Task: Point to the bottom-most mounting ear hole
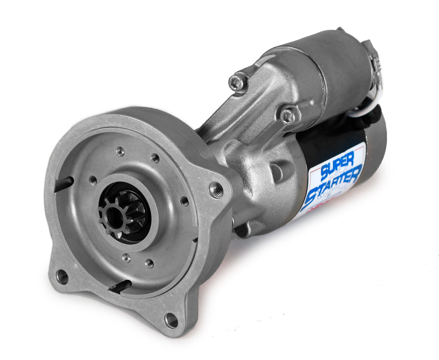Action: point(172,320)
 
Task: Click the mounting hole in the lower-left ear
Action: point(62,276)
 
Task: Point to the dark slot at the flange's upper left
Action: point(64,182)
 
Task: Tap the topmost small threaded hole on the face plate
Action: point(120,152)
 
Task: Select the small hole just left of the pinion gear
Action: point(93,180)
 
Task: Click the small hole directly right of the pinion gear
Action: point(184,201)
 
